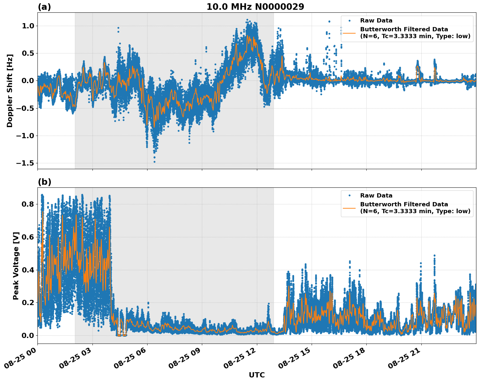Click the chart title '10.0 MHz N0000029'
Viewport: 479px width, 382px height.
(x=255, y=7)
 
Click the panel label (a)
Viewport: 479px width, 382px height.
(x=44, y=7)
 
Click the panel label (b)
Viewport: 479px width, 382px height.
(x=44, y=182)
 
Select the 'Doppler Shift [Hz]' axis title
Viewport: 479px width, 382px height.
(x=10, y=91)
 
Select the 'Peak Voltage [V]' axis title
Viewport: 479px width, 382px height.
(x=16, y=266)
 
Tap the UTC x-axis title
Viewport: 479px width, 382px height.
(x=257, y=375)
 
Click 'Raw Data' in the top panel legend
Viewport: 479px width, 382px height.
(x=376, y=21)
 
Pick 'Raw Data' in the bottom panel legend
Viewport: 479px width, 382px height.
(x=376, y=196)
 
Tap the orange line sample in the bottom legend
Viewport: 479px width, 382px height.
(x=349, y=208)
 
